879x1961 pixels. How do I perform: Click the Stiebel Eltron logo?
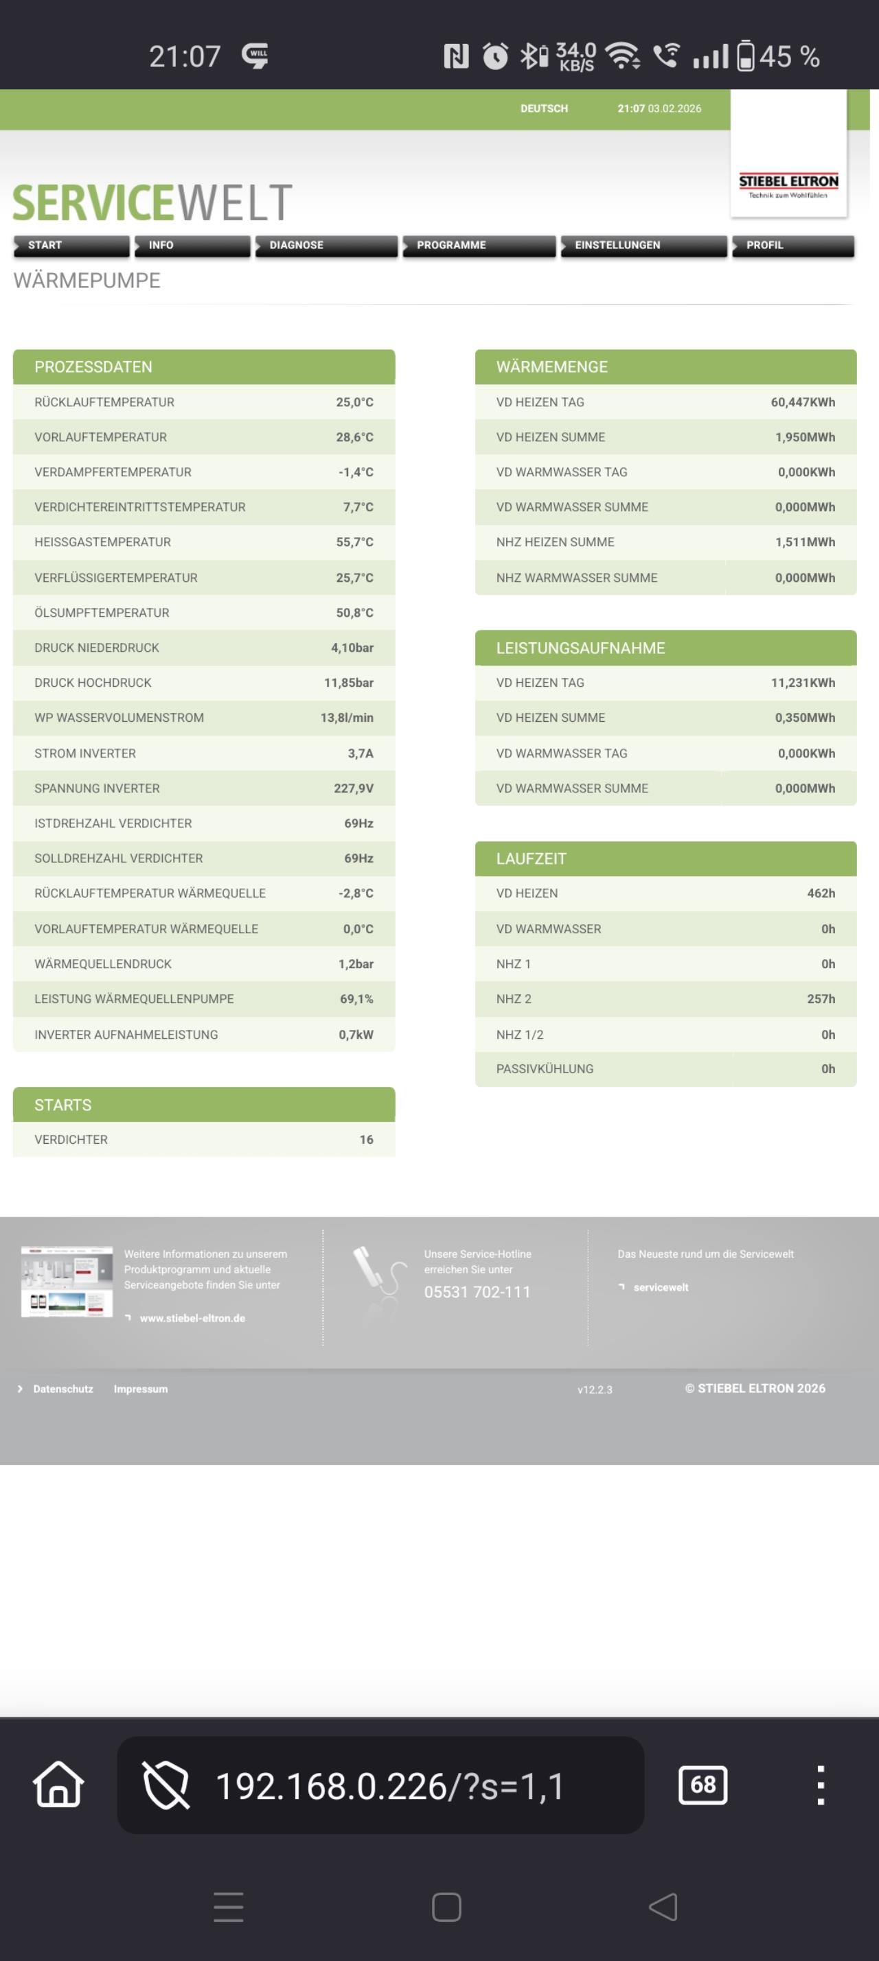coord(788,183)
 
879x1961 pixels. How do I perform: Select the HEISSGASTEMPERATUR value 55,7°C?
coord(354,542)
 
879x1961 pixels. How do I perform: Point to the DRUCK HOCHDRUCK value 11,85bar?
coord(348,683)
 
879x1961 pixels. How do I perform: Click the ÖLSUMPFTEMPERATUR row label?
coord(102,613)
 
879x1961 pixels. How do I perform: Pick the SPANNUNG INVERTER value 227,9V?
coord(354,788)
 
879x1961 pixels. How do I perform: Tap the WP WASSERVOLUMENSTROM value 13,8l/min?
coord(347,718)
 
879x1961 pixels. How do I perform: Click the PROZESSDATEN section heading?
coord(93,367)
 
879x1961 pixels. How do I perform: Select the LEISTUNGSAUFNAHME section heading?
coord(580,648)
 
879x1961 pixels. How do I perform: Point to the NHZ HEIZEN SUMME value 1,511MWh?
coord(804,542)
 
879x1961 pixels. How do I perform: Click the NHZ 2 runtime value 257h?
coord(821,999)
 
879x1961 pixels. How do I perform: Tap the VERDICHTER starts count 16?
coord(367,1140)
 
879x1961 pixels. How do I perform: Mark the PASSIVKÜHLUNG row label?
coord(545,1069)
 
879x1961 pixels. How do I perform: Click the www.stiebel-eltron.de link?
coord(192,1319)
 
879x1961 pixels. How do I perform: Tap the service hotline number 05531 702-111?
coord(477,1292)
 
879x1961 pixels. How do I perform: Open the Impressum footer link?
coord(140,1389)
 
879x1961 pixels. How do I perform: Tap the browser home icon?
coord(58,1785)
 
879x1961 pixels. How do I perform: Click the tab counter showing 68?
coord(703,1785)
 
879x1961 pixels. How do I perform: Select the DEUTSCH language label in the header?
coord(544,109)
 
